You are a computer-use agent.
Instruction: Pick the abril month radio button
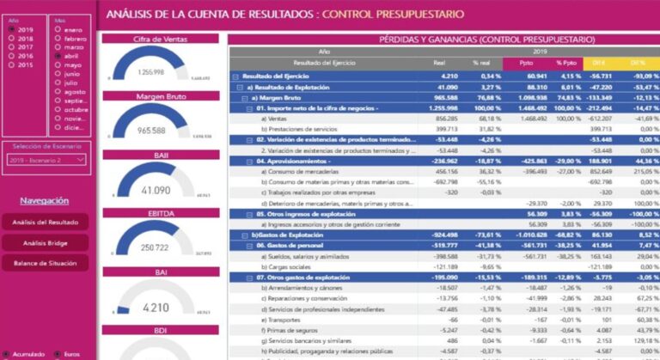pyautogui.click(x=58, y=55)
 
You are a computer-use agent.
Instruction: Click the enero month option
pyautogui.click(x=58, y=29)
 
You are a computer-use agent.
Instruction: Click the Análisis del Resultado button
pyautogui.click(x=46, y=222)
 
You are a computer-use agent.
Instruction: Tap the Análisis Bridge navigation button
pyautogui.click(x=46, y=242)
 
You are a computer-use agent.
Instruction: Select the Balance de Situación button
pyautogui.click(x=46, y=263)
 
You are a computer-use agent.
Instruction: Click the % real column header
pyautogui.click(x=481, y=63)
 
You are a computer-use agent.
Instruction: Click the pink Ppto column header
pyautogui.click(x=527, y=63)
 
